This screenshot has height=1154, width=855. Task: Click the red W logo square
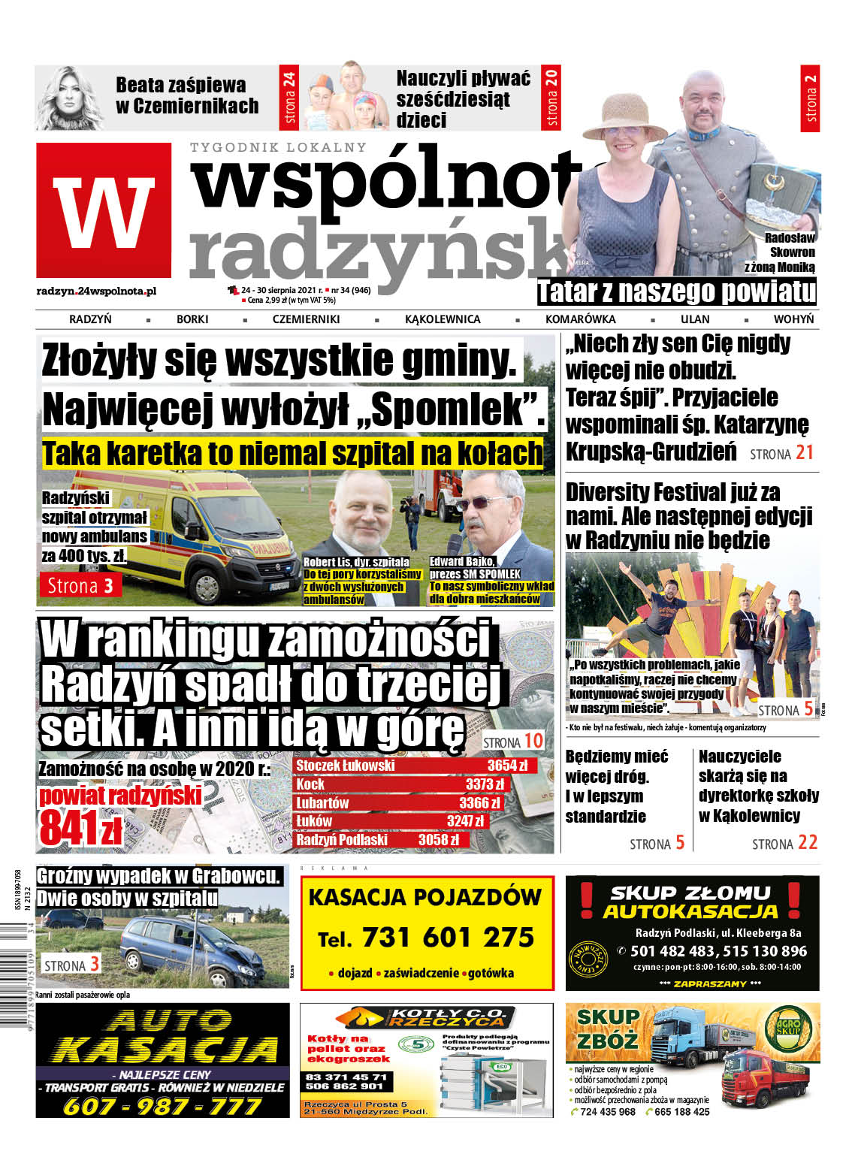[104, 210]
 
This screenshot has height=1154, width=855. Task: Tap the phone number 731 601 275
[448, 938]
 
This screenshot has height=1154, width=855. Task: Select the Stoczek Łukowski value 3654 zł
[507, 766]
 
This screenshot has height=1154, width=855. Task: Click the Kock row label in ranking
[310, 784]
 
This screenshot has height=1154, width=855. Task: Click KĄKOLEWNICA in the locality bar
[443, 319]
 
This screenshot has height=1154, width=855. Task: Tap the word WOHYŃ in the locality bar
[793, 319]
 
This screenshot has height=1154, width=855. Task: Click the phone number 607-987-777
[162, 1105]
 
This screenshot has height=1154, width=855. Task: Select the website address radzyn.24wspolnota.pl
[96, 291]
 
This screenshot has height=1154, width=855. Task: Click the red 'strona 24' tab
[290, 98]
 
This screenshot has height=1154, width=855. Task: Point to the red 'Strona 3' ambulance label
[81, 585]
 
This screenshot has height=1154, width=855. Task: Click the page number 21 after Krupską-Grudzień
[805, 452]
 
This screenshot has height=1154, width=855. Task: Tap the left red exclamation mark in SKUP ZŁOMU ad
[587, 900]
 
